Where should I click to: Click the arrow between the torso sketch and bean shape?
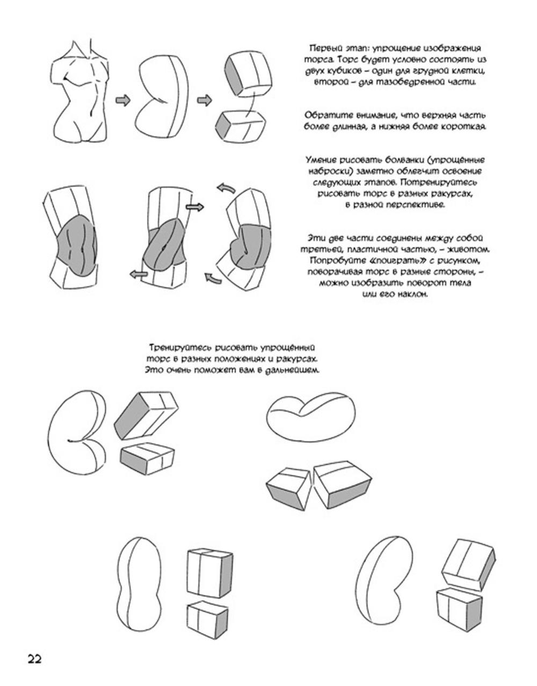point(123,100)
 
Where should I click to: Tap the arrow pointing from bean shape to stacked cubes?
point(205,100)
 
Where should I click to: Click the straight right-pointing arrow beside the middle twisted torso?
point(195,207)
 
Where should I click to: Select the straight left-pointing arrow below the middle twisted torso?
point(139,274)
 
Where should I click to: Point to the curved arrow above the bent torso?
point(226,187)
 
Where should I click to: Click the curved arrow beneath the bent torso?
point(214,278)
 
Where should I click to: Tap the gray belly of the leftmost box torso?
point(77,244)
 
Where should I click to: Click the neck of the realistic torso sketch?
point(82,50)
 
